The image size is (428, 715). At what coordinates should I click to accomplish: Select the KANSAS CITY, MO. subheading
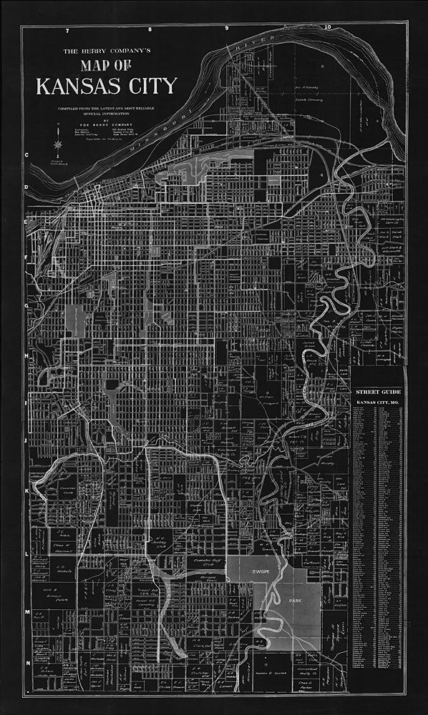(377, 405)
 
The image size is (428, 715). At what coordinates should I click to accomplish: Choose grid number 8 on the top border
(150, 30)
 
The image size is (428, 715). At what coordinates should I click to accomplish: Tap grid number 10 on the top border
(327, 28)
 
